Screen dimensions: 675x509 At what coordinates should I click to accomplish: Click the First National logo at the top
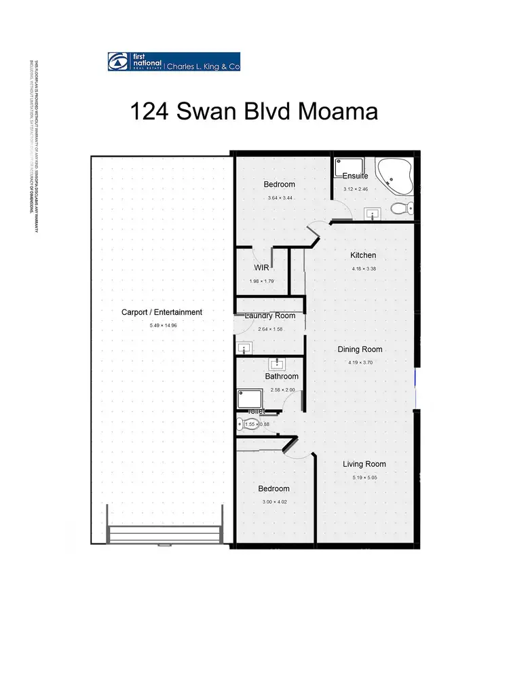174,62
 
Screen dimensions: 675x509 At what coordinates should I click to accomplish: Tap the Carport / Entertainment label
162,312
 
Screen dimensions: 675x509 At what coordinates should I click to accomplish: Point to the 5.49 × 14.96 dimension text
163,326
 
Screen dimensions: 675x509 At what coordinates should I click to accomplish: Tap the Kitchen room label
363,255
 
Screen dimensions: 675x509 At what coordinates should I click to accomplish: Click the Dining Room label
360,349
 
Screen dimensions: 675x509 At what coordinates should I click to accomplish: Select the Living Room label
364,464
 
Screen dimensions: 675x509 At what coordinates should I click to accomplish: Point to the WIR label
262,268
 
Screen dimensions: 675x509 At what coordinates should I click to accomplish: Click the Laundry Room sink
244,348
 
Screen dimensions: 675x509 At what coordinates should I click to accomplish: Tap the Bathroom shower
248,400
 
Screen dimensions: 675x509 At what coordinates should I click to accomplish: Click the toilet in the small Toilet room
242,425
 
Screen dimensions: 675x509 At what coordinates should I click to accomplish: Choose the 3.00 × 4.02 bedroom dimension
274,502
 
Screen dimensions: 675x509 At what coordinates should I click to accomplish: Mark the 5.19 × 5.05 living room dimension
364,478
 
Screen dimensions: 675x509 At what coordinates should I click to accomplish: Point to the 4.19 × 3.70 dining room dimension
360,362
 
